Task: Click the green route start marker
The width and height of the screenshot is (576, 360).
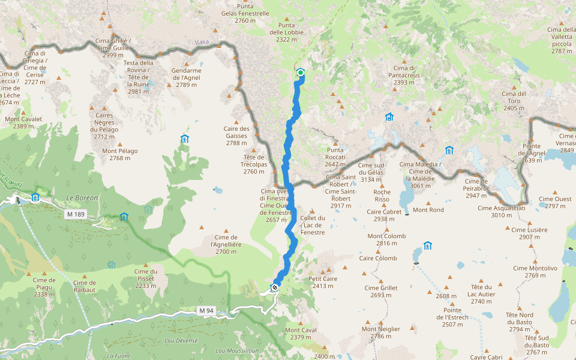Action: (301, 73)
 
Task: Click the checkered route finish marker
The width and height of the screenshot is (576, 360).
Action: (275, 287)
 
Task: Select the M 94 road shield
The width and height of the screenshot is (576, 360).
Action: (206, 310)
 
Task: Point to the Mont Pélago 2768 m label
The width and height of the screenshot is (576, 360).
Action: (120, 155)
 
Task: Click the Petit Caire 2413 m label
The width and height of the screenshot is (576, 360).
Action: (323, 283)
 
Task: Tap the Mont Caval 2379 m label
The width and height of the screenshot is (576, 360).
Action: (301, 334)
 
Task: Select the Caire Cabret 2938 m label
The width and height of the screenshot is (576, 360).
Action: (384, 215)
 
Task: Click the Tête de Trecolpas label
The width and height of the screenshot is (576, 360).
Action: (254, 164)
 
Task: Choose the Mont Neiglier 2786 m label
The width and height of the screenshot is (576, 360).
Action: (381, 332)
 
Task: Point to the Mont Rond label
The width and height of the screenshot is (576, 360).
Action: (428, 210)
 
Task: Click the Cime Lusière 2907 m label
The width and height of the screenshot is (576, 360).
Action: (529, 233)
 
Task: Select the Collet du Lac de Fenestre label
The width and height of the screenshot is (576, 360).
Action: (313, 225)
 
